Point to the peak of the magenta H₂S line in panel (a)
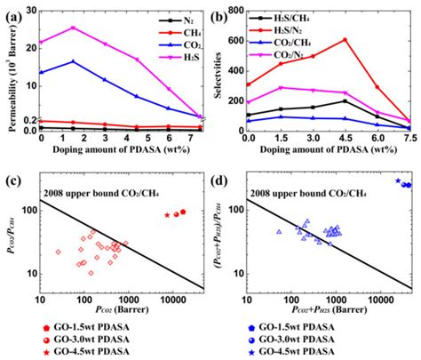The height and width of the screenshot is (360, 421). pos(73,28)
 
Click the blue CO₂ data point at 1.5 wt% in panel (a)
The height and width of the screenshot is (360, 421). pos(73,61)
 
